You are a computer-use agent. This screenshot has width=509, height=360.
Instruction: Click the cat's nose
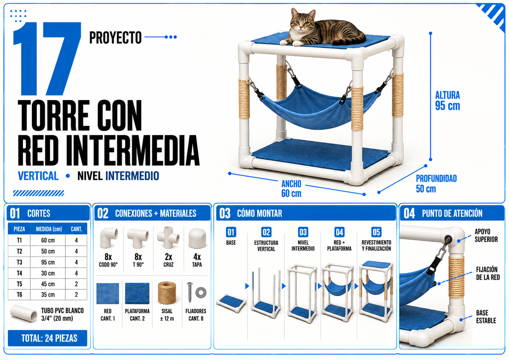tap(301, 27)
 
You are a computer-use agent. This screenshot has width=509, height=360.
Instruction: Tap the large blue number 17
tap(47, 59)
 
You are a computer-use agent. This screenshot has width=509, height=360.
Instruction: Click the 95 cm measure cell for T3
tap(48, 262)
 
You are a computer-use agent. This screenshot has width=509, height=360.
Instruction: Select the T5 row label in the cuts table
tap(19, 284)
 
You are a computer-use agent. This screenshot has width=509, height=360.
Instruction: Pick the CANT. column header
tap(76, 229)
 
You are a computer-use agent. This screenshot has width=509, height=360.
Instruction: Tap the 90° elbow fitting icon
tap(109, 237)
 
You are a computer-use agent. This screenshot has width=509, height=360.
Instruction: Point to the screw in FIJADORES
tap(190, 292)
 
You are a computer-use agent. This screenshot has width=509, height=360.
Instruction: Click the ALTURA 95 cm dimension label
tap(448, 101)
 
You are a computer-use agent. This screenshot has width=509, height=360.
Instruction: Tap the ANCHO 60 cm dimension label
tap(291, 188)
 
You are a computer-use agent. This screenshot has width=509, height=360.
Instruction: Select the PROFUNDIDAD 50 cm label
tap(436, 184)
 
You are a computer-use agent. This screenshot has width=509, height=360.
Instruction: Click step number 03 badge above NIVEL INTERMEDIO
tap(303, 232)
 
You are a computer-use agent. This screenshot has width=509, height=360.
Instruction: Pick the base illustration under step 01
tap(231, 303)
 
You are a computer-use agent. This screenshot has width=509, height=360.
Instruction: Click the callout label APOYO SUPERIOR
tap(486, 235)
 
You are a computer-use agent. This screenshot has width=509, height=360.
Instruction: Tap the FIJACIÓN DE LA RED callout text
tap(487, 273)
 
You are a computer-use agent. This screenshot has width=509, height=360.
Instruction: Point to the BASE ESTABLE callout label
tap(486, 317)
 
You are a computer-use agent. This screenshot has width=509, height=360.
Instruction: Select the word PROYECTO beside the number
tap(115, 38)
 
